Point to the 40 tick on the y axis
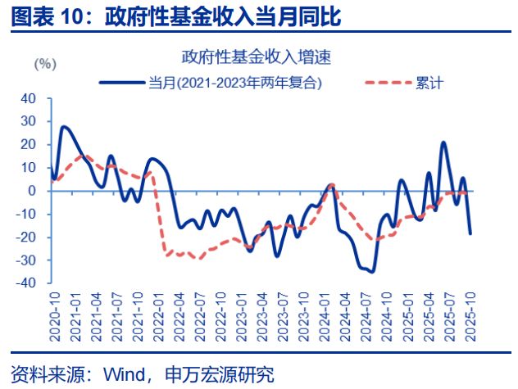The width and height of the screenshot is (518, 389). click(x=30, y=98)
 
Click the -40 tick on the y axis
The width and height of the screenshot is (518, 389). click(x=27, y=283)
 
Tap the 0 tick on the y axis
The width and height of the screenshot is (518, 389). click(x=34, y=191)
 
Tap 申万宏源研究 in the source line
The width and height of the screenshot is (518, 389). click(x=221, y=375)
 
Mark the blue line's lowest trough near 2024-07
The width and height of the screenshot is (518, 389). click(x=373, y=271)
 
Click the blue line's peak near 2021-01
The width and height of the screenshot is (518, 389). click(x=64, y=127)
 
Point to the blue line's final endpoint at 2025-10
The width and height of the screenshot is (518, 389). click(x=470, y=233)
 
